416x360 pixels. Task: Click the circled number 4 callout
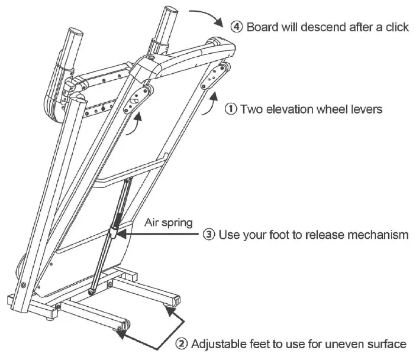click(x=237, y=27)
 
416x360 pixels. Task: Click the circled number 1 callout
click(x=231, y=109)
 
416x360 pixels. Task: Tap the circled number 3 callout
click(x=209, y=235)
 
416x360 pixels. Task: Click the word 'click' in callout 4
click(x=396, y=27)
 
